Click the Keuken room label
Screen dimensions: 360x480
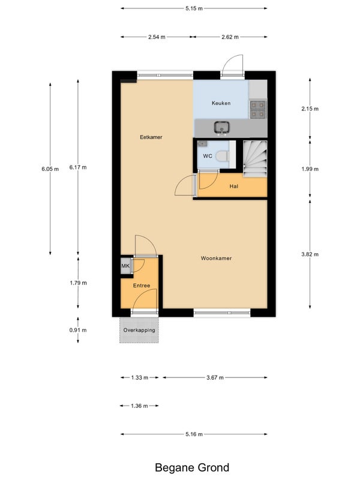(x=221, y=103)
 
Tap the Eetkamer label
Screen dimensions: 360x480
(x=151, y=137)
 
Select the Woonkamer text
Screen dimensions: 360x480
(x=216, y=259)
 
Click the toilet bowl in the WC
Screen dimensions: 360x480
(x=223, y=156)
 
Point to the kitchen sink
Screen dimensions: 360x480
(x=221, y=127)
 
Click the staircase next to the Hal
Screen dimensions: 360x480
(x=255, y=158)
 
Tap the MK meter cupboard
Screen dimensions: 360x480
(x=125, y=266)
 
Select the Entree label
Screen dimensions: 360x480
(x=142, y=286)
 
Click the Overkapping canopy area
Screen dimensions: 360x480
(x=139, y=330)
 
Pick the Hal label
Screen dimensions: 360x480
(x=234, y=186)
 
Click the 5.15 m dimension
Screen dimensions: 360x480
(x=194, y=8)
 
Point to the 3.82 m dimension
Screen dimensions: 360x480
(x=310, y=254)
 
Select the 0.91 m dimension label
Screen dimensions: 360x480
(x=78, y=330)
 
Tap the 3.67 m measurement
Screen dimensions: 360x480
(x=215, y=377)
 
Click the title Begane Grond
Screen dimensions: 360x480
(x=192, y=467)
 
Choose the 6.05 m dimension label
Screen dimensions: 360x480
(x=50, y=169)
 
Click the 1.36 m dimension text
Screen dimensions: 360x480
(x=139, y=406)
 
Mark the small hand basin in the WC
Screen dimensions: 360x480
(x=202, y=143)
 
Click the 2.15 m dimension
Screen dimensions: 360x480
(x=310, y=109)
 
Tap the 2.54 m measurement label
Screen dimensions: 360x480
(x=157, y=37)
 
